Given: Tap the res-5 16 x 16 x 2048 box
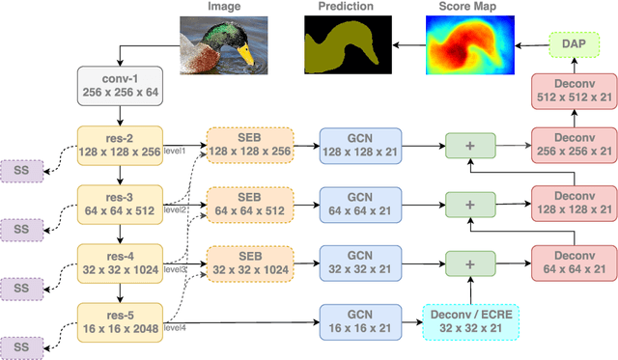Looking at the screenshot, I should point(121,321).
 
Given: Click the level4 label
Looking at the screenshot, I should point(174,328).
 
